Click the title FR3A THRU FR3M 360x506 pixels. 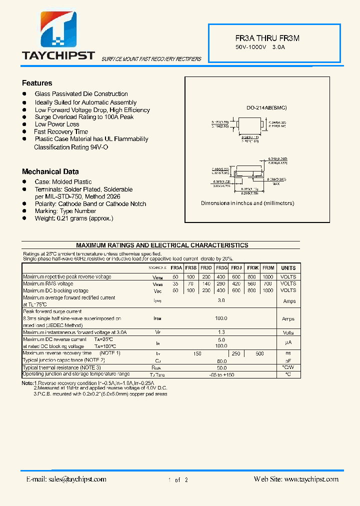pos(267,38)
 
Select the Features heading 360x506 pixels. pos(37,83)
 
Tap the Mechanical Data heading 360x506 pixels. pos(50,171)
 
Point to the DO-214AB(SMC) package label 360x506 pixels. pos(266,107)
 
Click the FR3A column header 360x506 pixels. pos(176,268)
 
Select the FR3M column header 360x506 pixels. pos(268,268)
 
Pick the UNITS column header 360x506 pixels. pos(288,268)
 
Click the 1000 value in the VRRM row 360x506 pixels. pos(268,276)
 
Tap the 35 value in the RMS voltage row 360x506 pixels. pos(175,283)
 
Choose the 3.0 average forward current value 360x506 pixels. pos(221,301)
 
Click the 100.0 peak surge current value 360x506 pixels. pos(221,318)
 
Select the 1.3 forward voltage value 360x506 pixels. pos(221,332)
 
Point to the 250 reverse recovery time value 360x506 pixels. pos(236,353)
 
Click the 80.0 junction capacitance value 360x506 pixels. pos(221,360)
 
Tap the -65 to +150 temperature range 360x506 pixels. pos(221,374)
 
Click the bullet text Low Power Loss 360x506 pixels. pos(57,124)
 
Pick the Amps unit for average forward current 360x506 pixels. pos(289,301)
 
